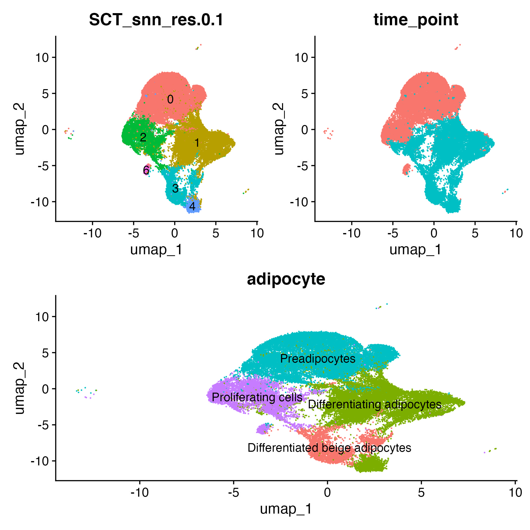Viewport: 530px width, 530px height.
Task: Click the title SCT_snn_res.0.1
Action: coord(156,20)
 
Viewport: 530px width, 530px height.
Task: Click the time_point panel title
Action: coord(416,20)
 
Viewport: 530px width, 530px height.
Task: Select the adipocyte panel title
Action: coord(286,279)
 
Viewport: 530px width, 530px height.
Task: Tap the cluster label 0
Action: coord(170,99)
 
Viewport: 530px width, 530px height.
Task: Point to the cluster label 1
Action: coord(197,143)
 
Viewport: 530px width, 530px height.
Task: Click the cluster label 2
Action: coord(143,137)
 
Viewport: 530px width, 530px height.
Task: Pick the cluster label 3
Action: coord(175,188)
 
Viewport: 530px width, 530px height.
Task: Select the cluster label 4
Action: coord(192,206)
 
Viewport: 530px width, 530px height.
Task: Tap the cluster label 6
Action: coord(146,170)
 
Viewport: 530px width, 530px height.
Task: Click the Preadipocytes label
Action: coord(318,359)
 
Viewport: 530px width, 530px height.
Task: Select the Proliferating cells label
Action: coord(257,397)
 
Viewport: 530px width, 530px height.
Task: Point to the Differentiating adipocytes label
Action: coord(374,404)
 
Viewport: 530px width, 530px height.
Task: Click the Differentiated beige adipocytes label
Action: coord(329,448)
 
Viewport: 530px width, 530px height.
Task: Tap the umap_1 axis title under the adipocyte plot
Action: coord(286,509)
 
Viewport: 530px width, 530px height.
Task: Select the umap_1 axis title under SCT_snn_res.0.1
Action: coord(156,250)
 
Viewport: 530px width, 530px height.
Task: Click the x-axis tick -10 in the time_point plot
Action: coord(351,233)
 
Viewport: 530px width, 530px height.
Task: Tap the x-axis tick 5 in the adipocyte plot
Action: coord(421,492)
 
